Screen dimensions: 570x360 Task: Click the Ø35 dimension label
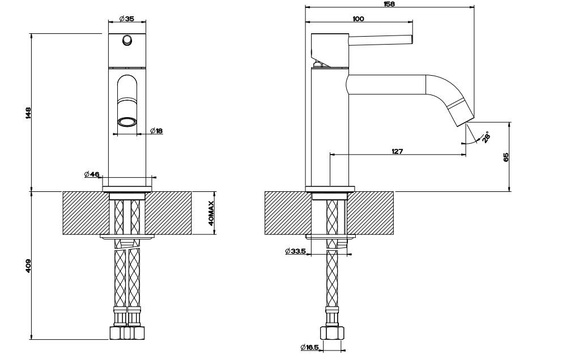(x=126, y=19)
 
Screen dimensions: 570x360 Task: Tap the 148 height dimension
(x=29, y=113)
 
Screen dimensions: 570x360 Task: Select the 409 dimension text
(x=29, y=267)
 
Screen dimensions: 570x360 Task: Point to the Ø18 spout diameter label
(x=156, y=131)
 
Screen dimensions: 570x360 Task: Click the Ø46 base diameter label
(x=92, y=175)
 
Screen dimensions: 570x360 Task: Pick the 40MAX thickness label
(x=212, y=213)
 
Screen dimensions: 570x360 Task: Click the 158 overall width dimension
(x=389, y=4)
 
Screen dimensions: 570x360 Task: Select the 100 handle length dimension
(x=358, y=19)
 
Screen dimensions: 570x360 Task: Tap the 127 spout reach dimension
(x=397, y=151)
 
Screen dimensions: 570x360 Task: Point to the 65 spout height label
(x=506, y=157)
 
